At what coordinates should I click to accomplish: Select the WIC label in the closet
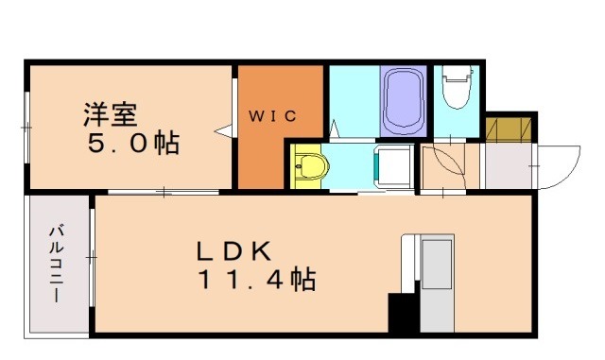[x=273, y=116]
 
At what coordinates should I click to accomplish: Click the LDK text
[x=234, y=251]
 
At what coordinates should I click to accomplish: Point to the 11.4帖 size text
[x=256, y=281]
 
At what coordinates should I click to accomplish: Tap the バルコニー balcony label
[x=58, y=263]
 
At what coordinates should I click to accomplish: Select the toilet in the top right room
[x=456, y=91]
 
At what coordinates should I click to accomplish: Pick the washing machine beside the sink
[x=392, y=168]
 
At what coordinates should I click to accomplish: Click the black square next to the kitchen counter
[x=403, y=313]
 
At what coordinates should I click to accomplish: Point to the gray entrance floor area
[x=508, y=166]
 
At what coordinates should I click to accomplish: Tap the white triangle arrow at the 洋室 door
[x=224, y=131]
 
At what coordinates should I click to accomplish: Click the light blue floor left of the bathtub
[x=353, y=99]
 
